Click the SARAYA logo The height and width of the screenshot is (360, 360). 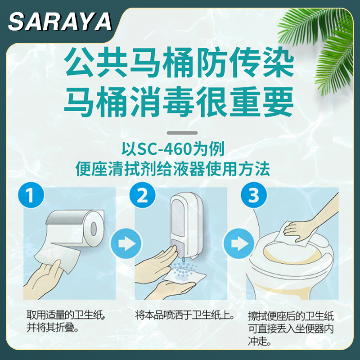pos(59,21)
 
